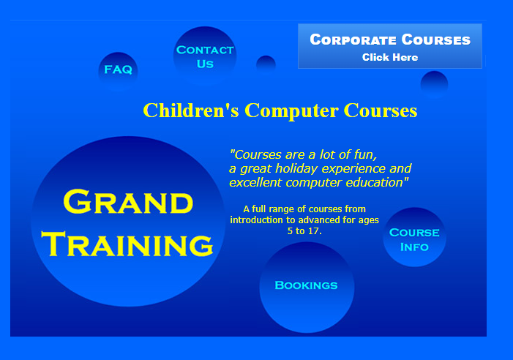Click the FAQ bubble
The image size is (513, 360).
[x=118, y=70]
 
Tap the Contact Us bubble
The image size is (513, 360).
[x=205, y=56]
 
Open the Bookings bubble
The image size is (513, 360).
[x=307, y=285]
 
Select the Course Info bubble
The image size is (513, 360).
[x=414, y=239]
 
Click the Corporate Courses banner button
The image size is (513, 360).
[x=390, y=46]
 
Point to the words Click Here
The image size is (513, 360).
[x=390, y=57]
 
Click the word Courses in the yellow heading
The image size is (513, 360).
[x=381, y=110]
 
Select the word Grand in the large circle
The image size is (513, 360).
[x=128, y=202]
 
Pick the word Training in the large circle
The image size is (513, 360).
[x=128, y=244]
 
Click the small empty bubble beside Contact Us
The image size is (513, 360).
[x=266, y=64]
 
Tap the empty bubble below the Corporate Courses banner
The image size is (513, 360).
[x=434, y=83]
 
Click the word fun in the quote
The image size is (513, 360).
[x=364, y=154]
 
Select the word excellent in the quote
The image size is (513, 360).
[x=256, y=182]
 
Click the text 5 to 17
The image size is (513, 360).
[x=304, y=230]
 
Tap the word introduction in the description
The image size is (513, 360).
[x=257, y=220]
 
